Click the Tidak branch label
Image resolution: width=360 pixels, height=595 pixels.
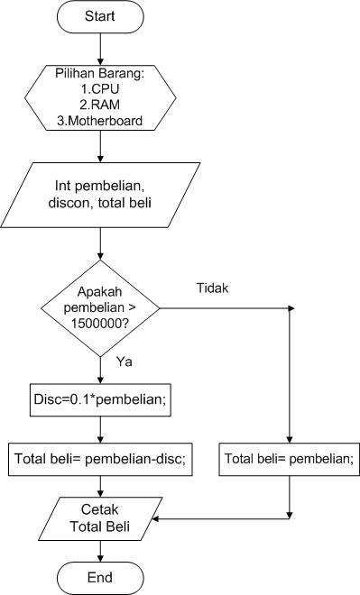point(214,288)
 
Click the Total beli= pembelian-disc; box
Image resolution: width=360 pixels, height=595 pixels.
point(99,459)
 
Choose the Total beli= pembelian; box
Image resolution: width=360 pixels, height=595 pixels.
point(289,459)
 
